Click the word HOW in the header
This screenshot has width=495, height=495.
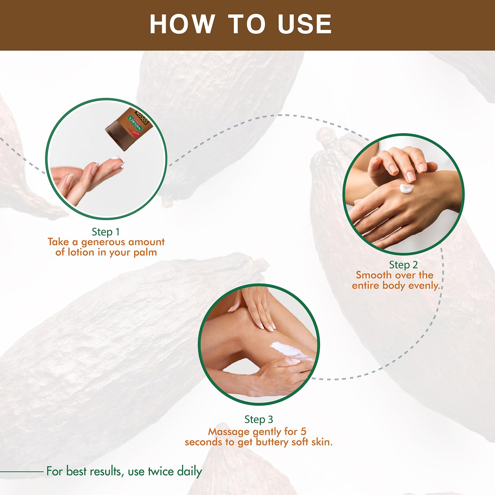182,24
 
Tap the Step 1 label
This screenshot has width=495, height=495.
106,232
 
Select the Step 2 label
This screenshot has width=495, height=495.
403,265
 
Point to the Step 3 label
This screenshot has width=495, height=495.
259,419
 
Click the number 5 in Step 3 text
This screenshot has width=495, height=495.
303,431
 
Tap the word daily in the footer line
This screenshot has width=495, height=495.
189,472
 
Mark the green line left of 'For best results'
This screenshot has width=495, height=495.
22,472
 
